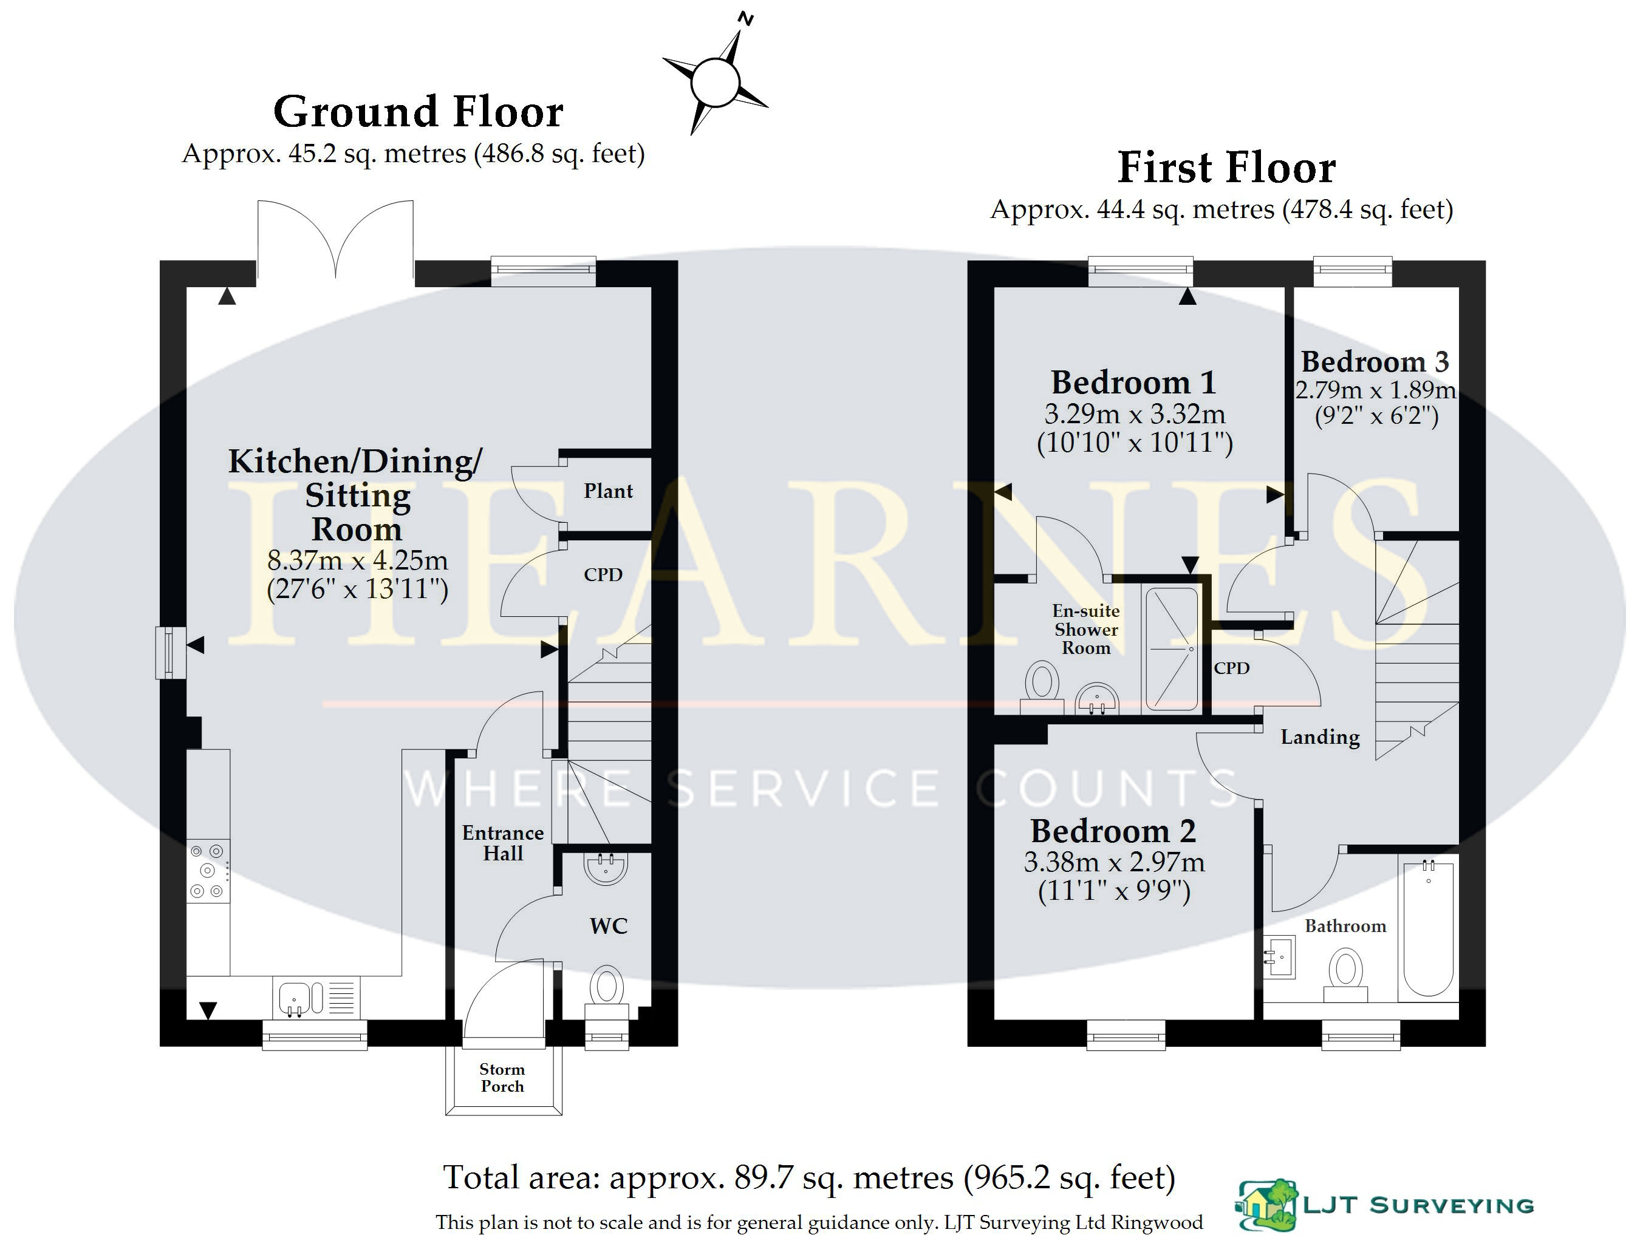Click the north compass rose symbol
coord(715,80)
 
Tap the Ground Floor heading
coord(418,112)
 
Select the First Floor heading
coord(1226,168)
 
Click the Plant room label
coord(608,491)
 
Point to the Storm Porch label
coord(502,1078)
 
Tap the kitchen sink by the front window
coord(316,998)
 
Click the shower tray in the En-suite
coord(1172,649)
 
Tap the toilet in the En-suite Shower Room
coord(1042,688)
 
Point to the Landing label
coord(1321,738)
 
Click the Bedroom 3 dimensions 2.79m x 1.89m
coord(1375,390)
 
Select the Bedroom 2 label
coord(1113,831)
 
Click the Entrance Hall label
coord(503,843)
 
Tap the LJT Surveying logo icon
coord(1268,1205)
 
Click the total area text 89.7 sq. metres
coord(844,1177)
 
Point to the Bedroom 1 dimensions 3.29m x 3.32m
coord(1135,413)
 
